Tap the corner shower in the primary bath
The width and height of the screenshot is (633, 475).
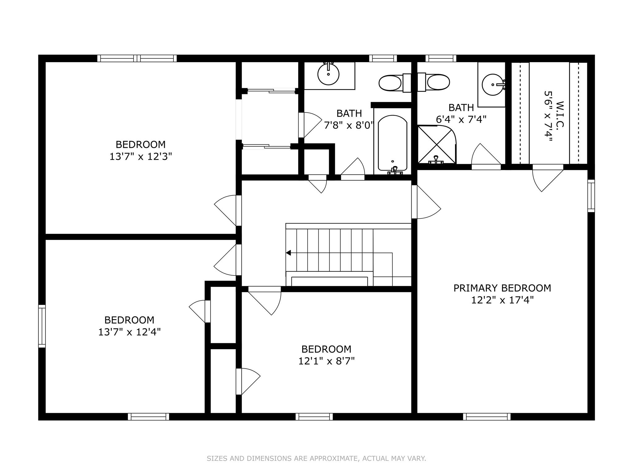pos(437,144)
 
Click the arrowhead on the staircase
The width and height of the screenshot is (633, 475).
pos(288,253)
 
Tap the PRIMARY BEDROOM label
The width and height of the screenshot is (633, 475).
pos(502,288)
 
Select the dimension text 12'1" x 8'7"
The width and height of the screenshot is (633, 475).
pos(326,361)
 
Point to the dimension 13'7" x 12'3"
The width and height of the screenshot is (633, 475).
pos(141,156)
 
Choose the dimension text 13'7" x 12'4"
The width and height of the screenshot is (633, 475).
pos(130,332)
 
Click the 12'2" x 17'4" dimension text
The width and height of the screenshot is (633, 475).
pos(503,300)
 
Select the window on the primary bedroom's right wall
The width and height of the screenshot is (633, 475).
pos(591,196)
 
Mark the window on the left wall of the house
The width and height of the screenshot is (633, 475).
pos(42,326)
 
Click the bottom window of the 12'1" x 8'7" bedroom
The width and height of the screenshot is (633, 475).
pos(314,417)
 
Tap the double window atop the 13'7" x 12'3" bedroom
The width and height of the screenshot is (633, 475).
pos(137,58)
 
